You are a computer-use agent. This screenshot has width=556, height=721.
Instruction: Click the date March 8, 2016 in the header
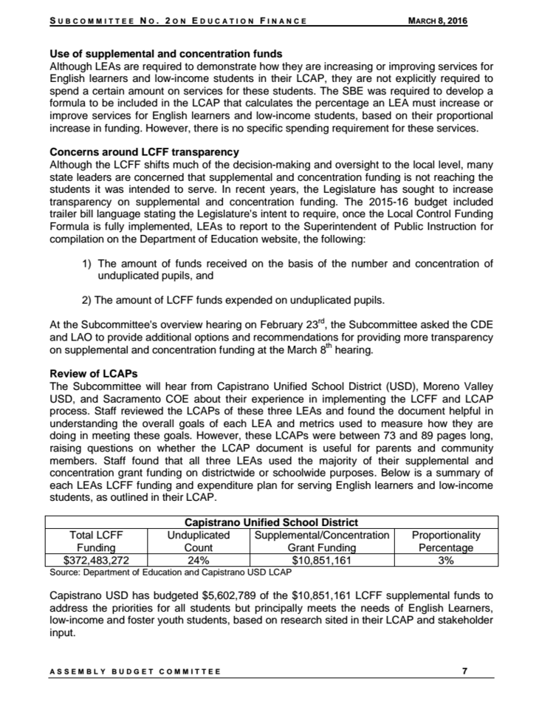tap(438, 21)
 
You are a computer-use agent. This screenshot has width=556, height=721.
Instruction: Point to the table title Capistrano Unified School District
tap(271, 523)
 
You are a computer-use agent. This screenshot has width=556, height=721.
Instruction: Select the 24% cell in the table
tap(199, 560)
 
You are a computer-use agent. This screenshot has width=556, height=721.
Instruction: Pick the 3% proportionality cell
tap(446, 560)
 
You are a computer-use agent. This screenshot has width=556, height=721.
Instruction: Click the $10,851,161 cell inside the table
tap(321, 560)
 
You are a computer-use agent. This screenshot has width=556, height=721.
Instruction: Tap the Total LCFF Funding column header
tap(97, 541)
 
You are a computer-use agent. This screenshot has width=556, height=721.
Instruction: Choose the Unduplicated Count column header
tap(199, 541)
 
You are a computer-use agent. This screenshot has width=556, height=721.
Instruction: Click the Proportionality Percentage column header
tap(446, 541)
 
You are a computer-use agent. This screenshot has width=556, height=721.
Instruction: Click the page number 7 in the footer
tap(464, 671)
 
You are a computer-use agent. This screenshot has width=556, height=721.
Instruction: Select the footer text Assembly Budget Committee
tap(134, 672)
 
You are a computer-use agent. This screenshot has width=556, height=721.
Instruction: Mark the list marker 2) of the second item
tap(86, 300)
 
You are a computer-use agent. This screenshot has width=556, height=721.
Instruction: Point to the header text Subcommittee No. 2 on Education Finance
tap(177, 21)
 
